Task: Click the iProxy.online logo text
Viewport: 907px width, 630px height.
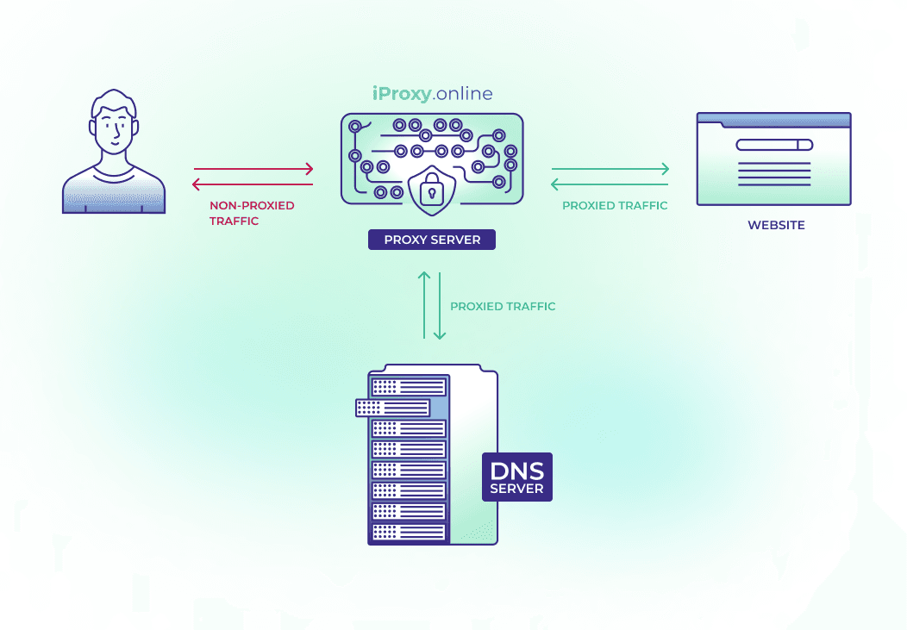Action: click(432, 94)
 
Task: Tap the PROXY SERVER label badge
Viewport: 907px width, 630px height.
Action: click(432, 240)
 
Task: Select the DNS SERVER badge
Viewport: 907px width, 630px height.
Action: click(516, 477)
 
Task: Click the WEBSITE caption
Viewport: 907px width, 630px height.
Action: click(776, 225)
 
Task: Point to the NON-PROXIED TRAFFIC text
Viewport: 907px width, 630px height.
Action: click(252, 213)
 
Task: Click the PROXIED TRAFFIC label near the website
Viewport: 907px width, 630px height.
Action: click(615, 206)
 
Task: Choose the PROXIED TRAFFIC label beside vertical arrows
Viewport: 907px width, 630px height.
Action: click(503, 306)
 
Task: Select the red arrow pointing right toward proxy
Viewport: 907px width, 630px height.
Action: click(253, 169)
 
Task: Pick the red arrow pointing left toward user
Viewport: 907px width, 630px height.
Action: click(252, 184)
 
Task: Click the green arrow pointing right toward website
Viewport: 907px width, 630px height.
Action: click(610, 169)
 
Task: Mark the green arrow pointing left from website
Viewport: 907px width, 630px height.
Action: click(609, 184)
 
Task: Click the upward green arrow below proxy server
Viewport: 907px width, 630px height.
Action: click(423, 305)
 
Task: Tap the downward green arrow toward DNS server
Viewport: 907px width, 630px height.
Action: click(439, 307)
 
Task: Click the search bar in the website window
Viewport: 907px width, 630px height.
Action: click(774, 145)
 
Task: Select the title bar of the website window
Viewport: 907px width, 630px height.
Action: click(773, 120)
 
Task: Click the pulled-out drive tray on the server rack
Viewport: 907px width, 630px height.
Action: click(393, 408)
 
